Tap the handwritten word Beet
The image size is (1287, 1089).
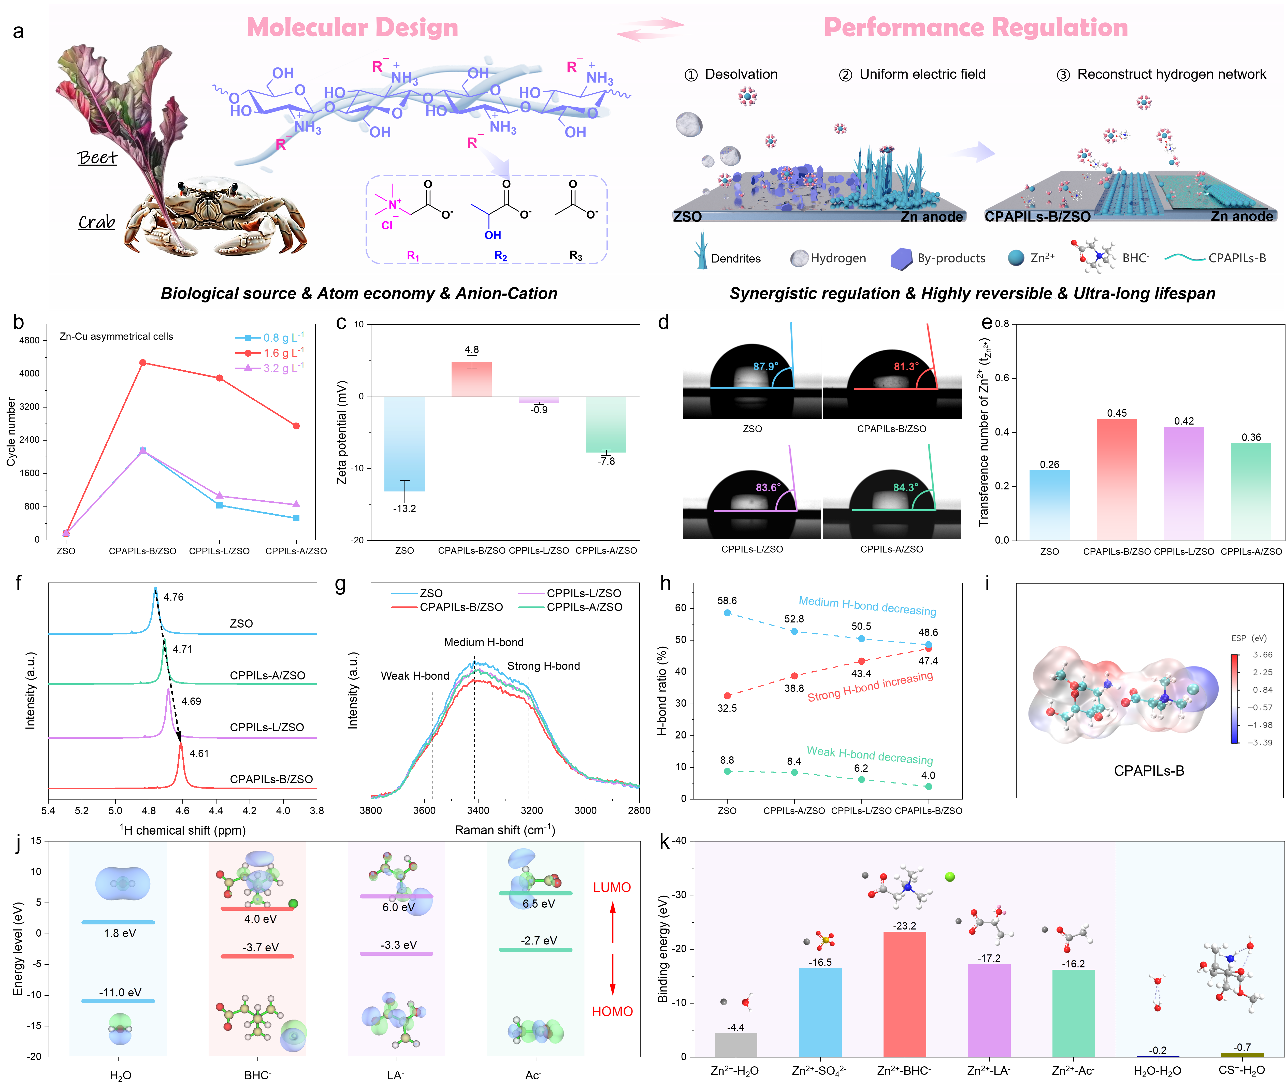point(97,158)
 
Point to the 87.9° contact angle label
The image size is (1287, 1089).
point(765,367)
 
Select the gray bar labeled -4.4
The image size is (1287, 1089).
point(736,1044)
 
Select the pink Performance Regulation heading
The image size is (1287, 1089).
point(975,28)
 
